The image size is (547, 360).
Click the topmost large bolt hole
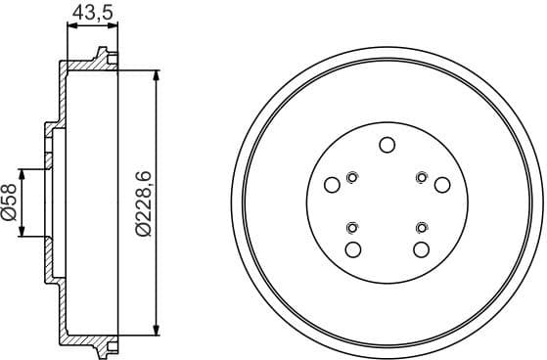[x=387, y=146]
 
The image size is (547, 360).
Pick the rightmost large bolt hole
[x=442, y=185]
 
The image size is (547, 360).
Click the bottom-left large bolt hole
[x=353, y=248]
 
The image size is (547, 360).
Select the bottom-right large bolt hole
[x=420, y=249]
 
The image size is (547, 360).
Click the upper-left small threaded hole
[x=352, y=177]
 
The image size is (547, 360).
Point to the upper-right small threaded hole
[x=420, y=177]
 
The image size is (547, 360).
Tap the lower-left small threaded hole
[x=352, y=228]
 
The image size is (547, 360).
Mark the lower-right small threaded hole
[x=420, y=228]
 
